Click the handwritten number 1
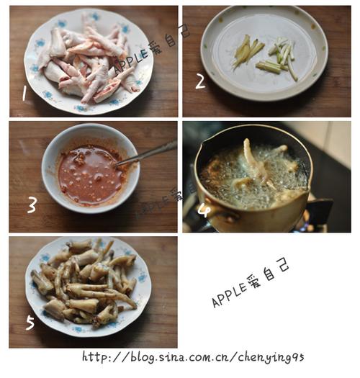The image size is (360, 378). [x=24, y=94]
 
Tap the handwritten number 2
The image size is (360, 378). [x=201, y=81]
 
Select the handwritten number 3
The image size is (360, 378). [x=32, y=205]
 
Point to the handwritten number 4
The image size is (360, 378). [x=204, y=210]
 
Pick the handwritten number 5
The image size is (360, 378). [x=30, y=323]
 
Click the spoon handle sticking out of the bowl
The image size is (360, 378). [x=148, y=153]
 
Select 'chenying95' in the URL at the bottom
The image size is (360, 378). [x=271, y=358]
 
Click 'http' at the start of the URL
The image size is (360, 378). [x=94, y=357]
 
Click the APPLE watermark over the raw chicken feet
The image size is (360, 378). [x=131, y=60]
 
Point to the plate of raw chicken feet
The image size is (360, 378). [x=89, y=61]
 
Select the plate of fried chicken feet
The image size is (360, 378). [x=89, y=287]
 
